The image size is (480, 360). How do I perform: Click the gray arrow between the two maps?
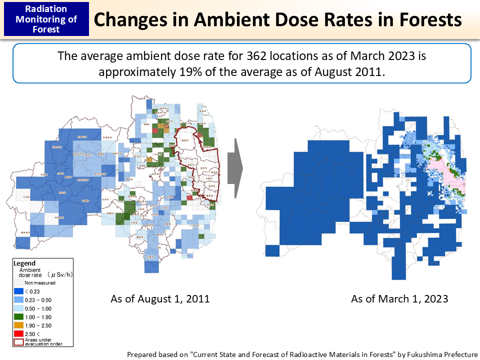(x=234, y=169)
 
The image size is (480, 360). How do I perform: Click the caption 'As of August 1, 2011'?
(x=160, y=299)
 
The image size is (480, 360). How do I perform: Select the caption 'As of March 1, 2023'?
(x=399, y=299)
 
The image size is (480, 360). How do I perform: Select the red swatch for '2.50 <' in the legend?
(x=19, y=334)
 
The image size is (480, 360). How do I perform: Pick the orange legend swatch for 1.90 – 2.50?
(x=19, y=325)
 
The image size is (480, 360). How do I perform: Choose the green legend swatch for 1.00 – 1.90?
(x=19, y=317)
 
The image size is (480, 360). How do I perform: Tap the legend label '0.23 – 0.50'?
(x=38, y=299)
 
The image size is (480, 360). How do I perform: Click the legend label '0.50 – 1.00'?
(x=38, y=308)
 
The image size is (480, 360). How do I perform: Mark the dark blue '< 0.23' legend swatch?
(x=19, y=291)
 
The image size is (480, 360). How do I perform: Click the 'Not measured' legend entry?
(x=39, y=282)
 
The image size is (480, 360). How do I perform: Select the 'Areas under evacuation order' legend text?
(x=38, y=342)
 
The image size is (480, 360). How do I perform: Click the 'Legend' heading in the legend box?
(x=24, y=263)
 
